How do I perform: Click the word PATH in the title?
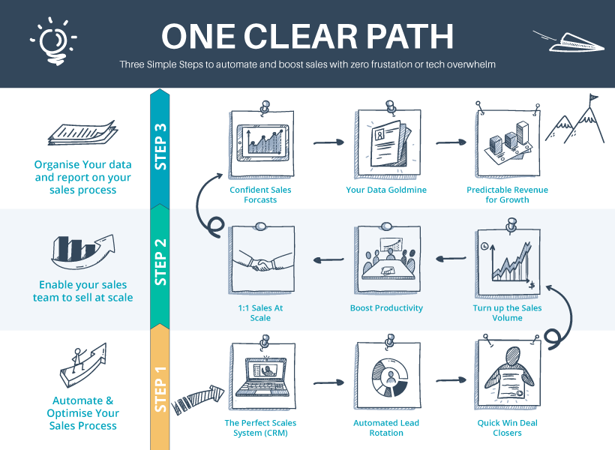point(404,37)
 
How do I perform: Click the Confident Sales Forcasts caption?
point(260,195)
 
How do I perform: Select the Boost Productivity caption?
point(386,308)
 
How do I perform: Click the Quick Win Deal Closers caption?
point(508,427)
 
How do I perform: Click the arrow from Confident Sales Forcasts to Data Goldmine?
point(323,141)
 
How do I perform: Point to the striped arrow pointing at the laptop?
point(198,397)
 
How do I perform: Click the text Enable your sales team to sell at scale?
point(82,291)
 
